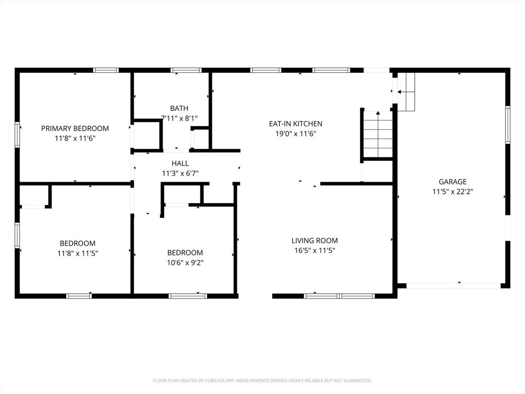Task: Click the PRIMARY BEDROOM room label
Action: click(x=75, y=128)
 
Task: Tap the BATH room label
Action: click(x=179, y=108)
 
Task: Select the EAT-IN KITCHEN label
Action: click(x=296, y=124)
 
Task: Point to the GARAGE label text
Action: click(x=452, y=182)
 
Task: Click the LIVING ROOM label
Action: click(x=314, y=241)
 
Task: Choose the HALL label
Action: click(x=180, y=164)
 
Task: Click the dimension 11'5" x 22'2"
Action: click(x=452, y=192)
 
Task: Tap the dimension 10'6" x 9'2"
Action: click(x=185, y=263)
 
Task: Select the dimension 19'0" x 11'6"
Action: click(x=296, y=134)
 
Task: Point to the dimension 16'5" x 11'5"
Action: click(x=314, y=251)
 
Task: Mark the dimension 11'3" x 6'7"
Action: click(x=180, y=173)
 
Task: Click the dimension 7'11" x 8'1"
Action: click(x=179, y=118)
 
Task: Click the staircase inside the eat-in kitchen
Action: click(x=378, y=134)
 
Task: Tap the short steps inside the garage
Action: click(x=406, y=92)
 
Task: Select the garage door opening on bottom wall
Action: click(x=454, y=285)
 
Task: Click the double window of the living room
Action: click(x=339, y=296)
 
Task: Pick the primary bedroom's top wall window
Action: click(x=106, y=70)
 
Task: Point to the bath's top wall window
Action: click(x=186, y=70)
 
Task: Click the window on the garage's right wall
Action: click(x=508, y=125)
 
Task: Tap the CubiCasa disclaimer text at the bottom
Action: click(x=262, y=381)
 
